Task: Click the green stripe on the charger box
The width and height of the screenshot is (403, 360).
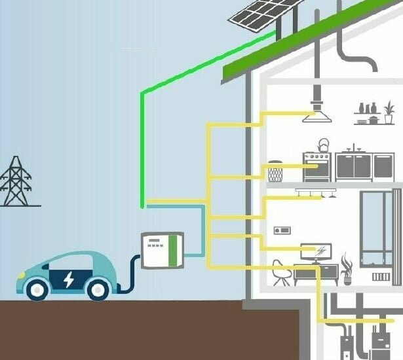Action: point(174,249)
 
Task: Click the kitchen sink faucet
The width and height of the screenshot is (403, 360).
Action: point(354,147)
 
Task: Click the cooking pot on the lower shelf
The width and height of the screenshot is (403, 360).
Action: point(373,120)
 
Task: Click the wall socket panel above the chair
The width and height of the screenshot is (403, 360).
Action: point(282,230)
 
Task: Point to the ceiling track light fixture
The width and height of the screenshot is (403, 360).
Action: point(316,192)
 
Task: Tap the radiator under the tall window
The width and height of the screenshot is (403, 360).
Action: point(381,277)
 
